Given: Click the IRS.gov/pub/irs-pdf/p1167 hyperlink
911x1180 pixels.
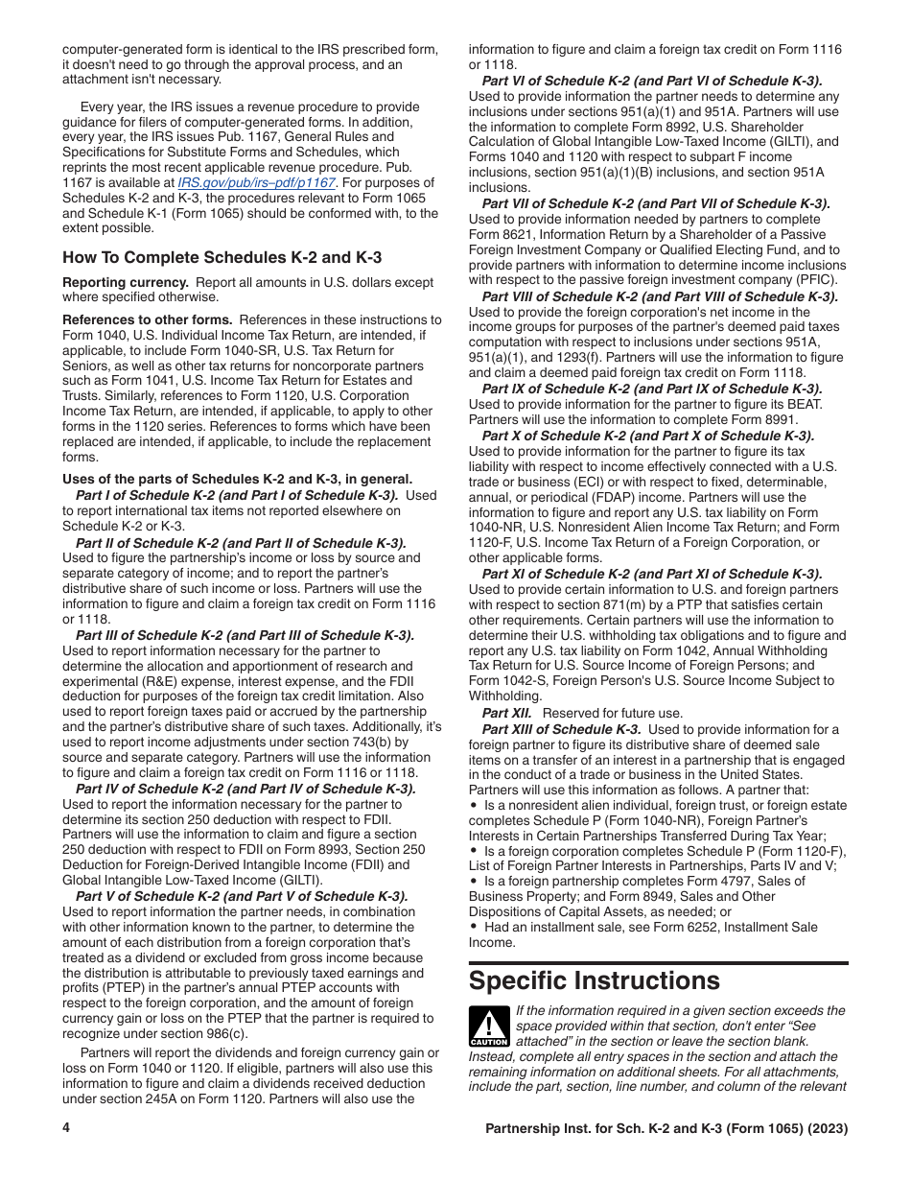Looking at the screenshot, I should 256,182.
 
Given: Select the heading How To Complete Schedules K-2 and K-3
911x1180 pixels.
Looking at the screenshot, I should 222,257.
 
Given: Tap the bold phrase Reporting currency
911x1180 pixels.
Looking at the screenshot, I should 126,282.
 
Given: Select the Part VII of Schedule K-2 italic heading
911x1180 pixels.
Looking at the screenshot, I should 656,203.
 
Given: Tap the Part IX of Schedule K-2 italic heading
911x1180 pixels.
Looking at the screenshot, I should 651,389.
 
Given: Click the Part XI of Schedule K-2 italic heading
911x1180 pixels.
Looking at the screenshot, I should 651,574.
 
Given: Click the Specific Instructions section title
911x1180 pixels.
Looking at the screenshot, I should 594,980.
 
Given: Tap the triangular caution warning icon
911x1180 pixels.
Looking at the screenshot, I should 488,1026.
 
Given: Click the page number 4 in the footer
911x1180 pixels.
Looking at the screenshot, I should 66,1128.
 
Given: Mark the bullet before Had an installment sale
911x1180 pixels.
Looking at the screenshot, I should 474,928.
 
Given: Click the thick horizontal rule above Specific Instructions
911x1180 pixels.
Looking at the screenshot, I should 658,963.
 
